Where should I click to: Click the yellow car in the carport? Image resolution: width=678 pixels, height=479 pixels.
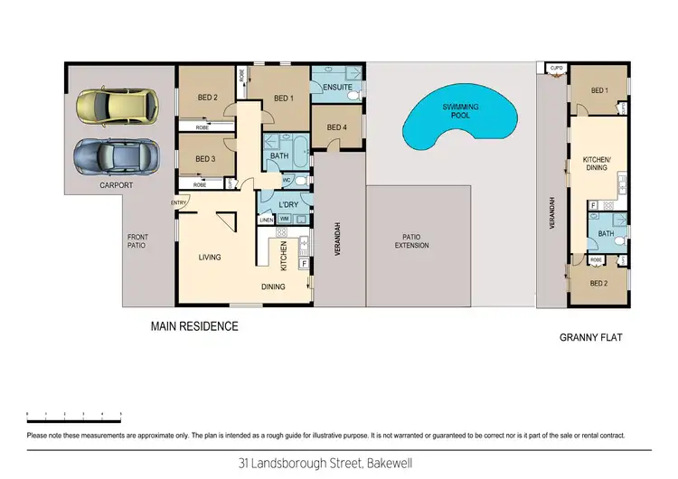click(x=115, y=107)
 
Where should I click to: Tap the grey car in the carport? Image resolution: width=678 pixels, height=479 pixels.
click(x=115, y=157)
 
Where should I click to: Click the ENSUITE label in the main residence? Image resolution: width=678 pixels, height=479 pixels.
click(x=337, y=88)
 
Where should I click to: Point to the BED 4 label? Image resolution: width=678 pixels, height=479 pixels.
click(x=336, y=127)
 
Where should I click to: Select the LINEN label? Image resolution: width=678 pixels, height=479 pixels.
click(x=266, y=220)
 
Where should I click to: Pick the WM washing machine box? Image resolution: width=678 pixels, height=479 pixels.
click(x=283, y=220)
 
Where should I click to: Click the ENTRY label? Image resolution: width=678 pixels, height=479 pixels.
click(x=178, y=202)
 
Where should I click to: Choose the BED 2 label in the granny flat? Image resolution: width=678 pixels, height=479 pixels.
click(x=598, y=283)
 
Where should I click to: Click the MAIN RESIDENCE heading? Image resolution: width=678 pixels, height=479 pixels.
click(x=194, y=326)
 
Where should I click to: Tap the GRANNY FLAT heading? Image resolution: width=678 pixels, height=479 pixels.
click(x=592, y=338)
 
